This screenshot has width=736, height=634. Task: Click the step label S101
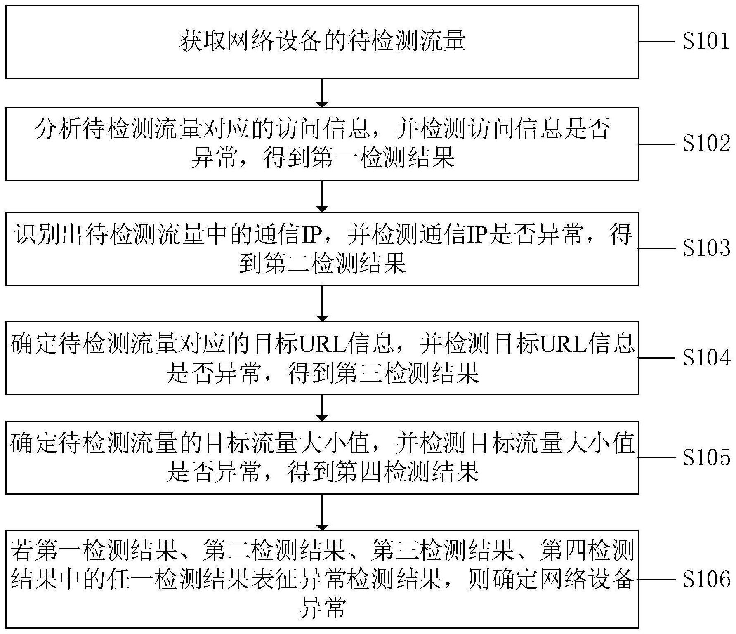(706, 42)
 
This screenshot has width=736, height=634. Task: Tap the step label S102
(706, 144)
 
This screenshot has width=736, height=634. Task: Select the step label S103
(706, 248)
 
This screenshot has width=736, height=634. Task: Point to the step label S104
(706, 358)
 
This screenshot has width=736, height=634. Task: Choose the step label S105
(706, 457)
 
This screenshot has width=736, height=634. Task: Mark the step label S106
(706, 579)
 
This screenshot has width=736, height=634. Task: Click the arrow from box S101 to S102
(321, 93)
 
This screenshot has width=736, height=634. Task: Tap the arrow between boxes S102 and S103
(321, 196)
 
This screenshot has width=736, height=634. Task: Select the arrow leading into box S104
(321, 303)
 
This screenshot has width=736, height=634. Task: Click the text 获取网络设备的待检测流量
(322, 42)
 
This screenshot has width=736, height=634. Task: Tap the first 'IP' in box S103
(310, 236)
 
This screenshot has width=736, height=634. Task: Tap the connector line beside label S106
(658, 579)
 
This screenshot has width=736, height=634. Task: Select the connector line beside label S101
(658, 42)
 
